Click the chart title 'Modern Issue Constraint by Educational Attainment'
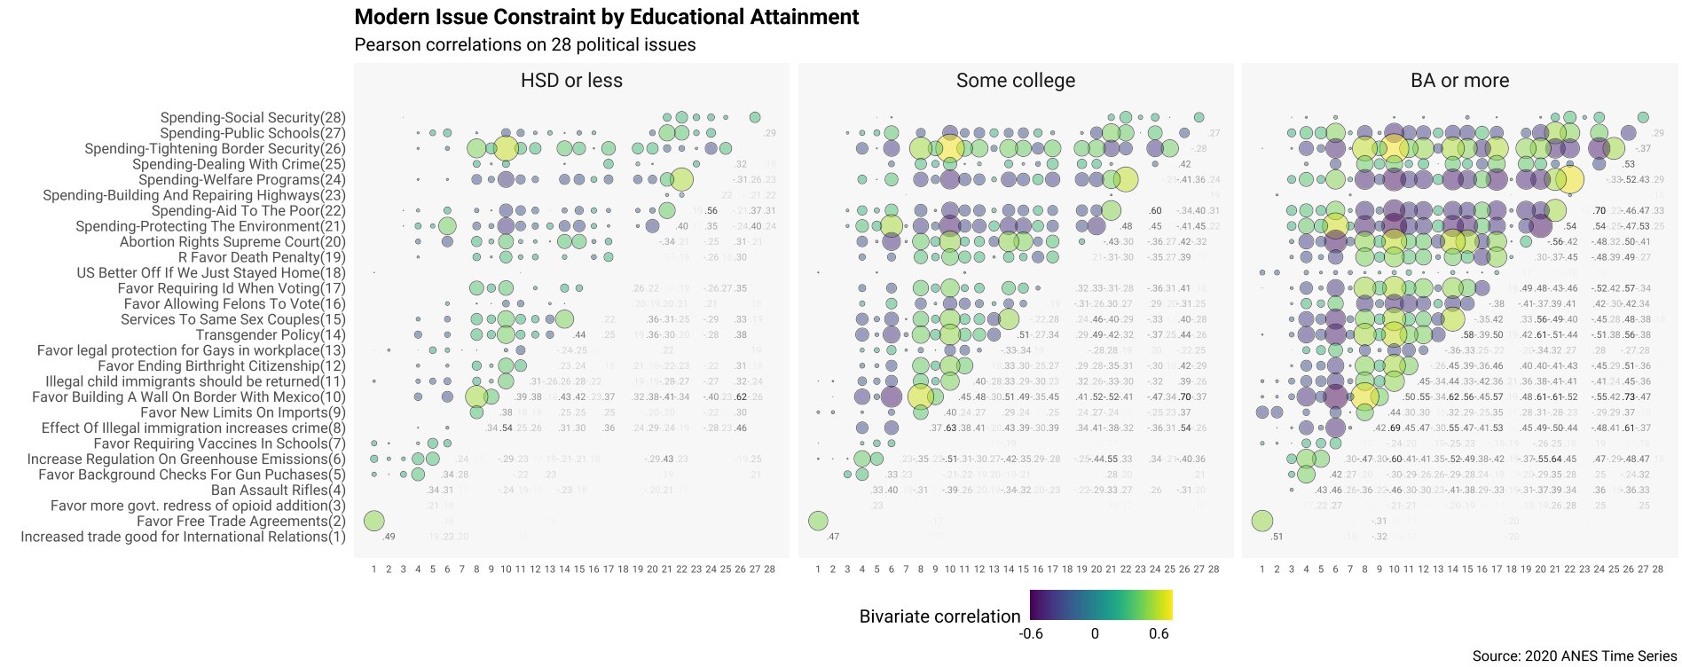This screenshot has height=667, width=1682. point(606,17)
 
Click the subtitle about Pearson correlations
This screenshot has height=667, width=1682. point(524,44)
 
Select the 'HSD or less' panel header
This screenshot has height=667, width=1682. point(571,81)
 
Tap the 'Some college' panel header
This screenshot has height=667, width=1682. point(1015,81)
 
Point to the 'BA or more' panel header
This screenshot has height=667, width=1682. point(1459,81)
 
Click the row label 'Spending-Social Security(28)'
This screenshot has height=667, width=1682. point(253,117)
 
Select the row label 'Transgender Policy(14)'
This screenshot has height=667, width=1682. point(271,334)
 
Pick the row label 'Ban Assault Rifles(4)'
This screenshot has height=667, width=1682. point(278,490)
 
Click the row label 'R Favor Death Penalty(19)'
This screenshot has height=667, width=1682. point(262,257)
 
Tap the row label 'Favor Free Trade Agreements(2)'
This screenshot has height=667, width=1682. point(240,521)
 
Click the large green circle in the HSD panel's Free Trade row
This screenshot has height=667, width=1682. point(373,521)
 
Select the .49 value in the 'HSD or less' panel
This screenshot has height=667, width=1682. point(388,537)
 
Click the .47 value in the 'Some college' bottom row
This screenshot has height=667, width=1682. point(832,537)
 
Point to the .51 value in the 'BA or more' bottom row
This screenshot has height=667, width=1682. point(1277,537)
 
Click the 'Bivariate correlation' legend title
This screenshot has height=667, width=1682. point(939,616)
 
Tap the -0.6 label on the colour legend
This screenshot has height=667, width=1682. point(1030,633)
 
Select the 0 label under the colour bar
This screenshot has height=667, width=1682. point(1095,633)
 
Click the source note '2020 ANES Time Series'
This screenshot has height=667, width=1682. point(1574,656)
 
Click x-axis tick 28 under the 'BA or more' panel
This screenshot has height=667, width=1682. point(1657,569)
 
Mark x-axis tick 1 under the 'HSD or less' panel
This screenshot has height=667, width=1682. point(373,569)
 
